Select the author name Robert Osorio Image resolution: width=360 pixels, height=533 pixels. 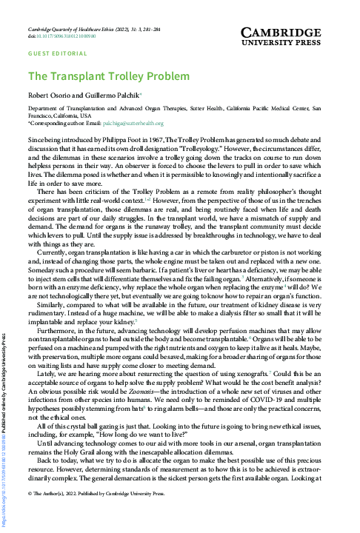[50, 96]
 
